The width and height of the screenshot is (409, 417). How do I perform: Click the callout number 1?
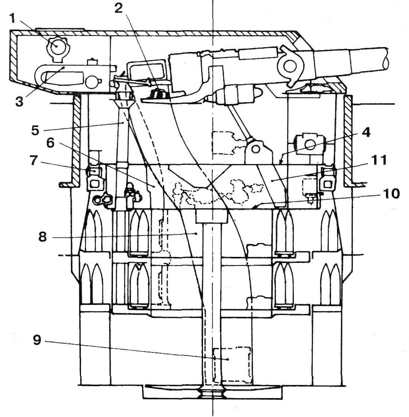[12, 19]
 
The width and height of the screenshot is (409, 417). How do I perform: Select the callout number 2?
[118, 8]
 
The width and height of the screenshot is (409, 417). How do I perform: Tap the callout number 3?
[19, 101]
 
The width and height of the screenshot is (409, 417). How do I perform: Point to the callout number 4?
[365, 132]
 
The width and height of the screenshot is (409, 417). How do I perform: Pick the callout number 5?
[35, 130]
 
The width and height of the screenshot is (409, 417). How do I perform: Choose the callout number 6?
[50, 143]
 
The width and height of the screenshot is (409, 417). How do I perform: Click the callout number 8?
[42, 237]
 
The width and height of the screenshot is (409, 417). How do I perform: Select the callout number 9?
[37, 340]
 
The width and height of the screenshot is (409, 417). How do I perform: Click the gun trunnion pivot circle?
[289, 66]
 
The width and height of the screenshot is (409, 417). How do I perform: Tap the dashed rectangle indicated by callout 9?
[232, 365]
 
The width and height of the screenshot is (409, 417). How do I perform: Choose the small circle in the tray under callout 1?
[91, 82]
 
